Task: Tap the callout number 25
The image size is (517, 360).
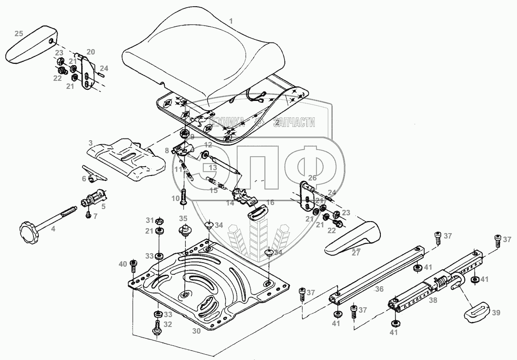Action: tap(18, 33)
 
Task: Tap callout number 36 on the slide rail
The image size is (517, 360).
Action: tap(379, 289)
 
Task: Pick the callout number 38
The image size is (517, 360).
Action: tap(433, 301)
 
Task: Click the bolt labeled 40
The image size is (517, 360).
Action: tap(133, 266)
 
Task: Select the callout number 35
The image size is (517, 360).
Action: tap(183, 219)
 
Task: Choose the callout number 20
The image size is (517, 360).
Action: tap(91, 52)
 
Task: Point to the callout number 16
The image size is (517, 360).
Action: tap(270, 203)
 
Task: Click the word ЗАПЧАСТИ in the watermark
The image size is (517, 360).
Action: tap(294, 122)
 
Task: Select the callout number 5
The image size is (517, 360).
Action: tap(103, 206)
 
